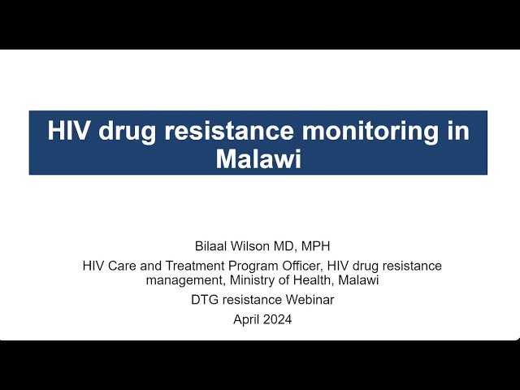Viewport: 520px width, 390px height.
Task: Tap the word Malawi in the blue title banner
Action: (x=258, y=158)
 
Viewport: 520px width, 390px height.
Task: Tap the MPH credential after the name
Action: (x=313, y=245)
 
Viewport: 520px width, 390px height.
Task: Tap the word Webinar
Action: (x=309, y=300)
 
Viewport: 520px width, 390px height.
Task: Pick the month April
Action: (x=246, y=320)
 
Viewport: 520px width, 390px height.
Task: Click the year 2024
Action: (x=277, y=320)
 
